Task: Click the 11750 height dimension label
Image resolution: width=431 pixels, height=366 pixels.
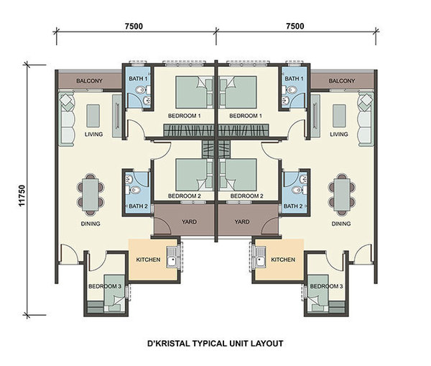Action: coord(22,196)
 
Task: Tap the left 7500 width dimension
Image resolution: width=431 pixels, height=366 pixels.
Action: coord(134,26)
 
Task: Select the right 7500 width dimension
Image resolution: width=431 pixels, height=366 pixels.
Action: coord(295,26)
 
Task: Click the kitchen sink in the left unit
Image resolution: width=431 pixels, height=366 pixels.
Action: coord(173,257)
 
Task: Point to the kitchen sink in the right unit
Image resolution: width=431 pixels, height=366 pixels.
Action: coord(259,257)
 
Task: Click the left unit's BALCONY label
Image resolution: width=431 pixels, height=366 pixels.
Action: coord(89,81)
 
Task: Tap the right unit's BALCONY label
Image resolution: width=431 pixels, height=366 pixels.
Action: coord(342,81)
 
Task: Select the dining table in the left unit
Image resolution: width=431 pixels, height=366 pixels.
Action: coord(91,195)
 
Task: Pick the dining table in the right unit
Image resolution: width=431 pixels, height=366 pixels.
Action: coord(342,195)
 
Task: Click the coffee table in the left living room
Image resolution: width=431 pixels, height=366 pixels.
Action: coord(93,116)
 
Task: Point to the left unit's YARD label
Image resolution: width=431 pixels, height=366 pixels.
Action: coord(189,221)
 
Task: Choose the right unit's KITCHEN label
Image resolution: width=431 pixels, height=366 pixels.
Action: coord(283,260)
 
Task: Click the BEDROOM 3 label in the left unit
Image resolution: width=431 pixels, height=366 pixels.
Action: coord(105,286)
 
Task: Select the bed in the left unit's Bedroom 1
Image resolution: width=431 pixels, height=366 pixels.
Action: coord(195,92)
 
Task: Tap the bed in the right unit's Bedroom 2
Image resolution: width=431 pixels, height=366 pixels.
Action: coord(238,175)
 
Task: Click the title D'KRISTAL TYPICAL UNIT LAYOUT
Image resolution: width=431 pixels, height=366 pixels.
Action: coord(215,344)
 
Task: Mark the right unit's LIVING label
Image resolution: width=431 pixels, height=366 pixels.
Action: coord(339,134)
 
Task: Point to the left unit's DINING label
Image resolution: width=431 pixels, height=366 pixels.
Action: coord(91,224)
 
